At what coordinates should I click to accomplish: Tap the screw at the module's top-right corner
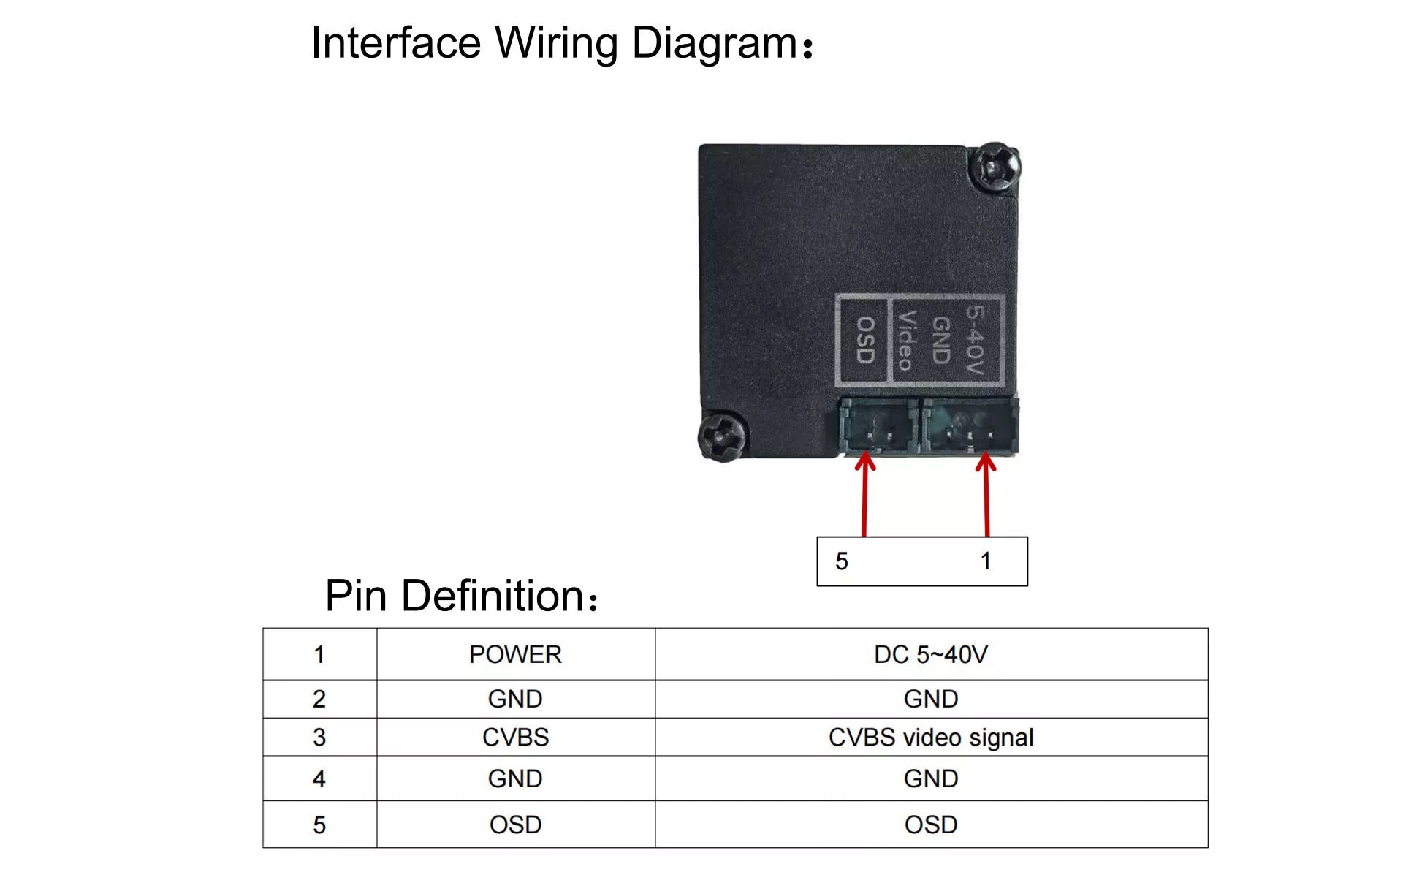tap(995, 167)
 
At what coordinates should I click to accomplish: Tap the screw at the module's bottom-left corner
tap(722, 436)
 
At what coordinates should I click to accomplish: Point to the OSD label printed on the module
tap(865, 340)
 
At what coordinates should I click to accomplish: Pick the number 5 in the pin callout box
tap(842, 561)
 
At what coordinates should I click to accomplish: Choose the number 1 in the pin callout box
tap(986, 561)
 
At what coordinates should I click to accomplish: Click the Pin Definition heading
tap(461, 596)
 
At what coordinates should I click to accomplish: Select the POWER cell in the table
tap(515, 654)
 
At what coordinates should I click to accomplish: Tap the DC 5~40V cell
tap(931, 654)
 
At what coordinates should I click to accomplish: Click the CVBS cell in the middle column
tap(515, 737)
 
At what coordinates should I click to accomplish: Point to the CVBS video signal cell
tap(931, 737)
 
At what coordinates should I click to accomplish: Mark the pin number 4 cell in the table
tap(319, 778)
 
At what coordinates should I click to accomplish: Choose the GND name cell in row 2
tap(515, 699)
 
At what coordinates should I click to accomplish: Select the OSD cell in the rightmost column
tap(931, 825)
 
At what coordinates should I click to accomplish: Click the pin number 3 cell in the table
tap(319, 737)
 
